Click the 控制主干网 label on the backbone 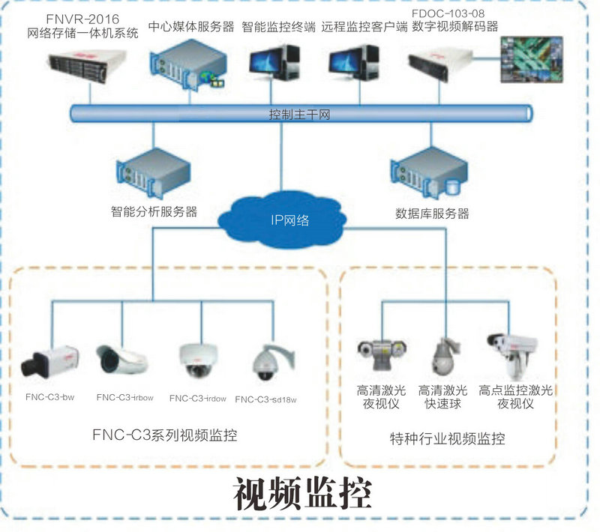pyautogui.click(x=299, y=115)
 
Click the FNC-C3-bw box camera pyautogui.click(x=51, y=362)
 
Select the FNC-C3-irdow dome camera pyautogui.click(x=196, y=362)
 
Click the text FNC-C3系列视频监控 pyautogui.click(x=164, y=435)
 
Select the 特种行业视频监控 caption pyautogui.click(x=448, y=438)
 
